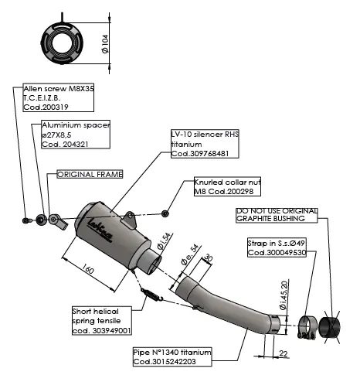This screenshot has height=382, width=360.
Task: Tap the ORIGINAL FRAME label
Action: point(90,175)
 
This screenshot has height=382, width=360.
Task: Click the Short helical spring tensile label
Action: point(101,319)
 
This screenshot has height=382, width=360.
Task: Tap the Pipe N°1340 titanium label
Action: point(172,356)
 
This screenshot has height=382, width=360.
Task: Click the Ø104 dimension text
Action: point(104,36)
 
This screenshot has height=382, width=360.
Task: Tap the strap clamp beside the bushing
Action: point(304,329)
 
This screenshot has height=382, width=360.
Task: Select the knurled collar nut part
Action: point(165,212)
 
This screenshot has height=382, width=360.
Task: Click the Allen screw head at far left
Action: point(26,220)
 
